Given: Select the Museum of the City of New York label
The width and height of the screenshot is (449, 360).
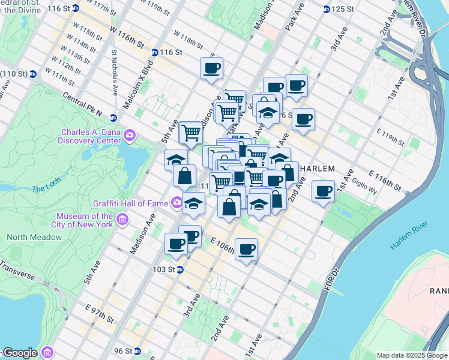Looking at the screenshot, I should pyautogui.click(x=85, y=220).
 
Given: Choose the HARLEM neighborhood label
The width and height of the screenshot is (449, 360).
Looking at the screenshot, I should pyautogui.click(x=316, y=168).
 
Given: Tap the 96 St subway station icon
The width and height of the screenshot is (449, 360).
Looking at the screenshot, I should pyautogui.click(x=137, y=351).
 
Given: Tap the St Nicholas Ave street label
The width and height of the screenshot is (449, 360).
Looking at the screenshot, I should pyautogui.click(x=113, y=72).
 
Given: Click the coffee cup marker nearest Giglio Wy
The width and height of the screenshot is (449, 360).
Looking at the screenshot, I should pyautogui.click(x=324, y=191).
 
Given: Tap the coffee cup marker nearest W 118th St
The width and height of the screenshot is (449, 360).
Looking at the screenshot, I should pyautogui.click(x=211, y=68).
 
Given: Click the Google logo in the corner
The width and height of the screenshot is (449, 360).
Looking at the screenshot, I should pyautogui.click(x=20, y=353).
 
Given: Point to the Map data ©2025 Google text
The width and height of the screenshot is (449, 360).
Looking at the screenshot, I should pyautogui.click(x=412, y=355).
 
